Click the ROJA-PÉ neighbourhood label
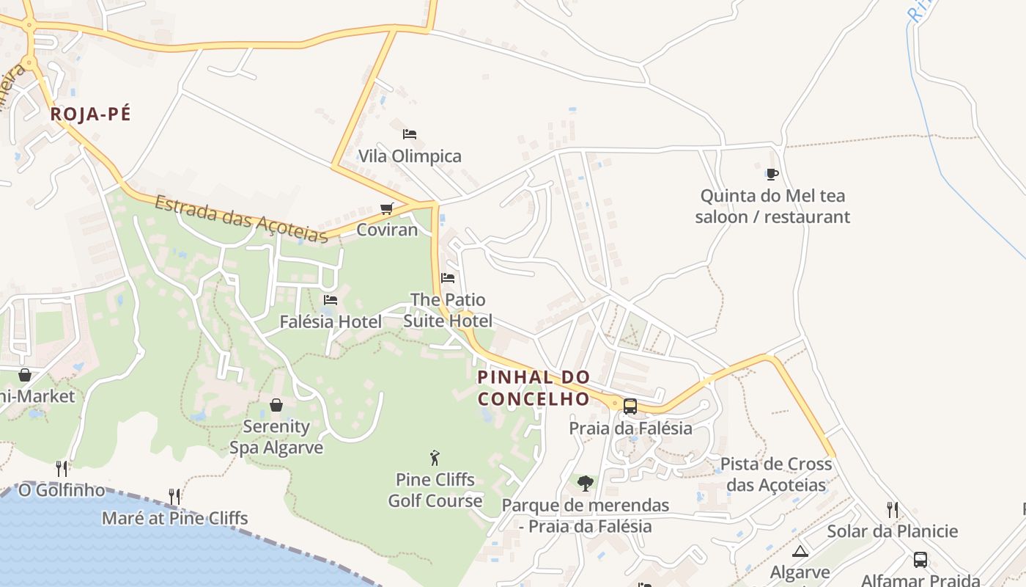pos(90,114)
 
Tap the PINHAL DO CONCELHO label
pos(534,388)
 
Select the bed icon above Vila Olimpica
pos(410,134)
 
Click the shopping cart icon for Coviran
pos(387,208)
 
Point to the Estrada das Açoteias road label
pos(241,217)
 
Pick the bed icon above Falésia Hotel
pos(331,299)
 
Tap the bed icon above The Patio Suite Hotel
pos(448,278)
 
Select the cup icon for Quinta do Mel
pos(772,174)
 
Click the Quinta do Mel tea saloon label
pos(772,206)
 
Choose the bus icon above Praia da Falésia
pos(630,406)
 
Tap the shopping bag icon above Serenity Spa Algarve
pos(276,405)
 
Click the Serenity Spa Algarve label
pos(276,437)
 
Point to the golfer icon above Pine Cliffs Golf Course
pos(435,458)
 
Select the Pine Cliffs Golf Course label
pos(435,490)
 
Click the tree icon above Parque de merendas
pos(585,483)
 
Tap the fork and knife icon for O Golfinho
pos(62,468)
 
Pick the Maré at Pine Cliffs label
pos(174,518)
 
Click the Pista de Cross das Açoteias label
pos(776,474)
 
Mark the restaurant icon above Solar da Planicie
pos(892,509)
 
